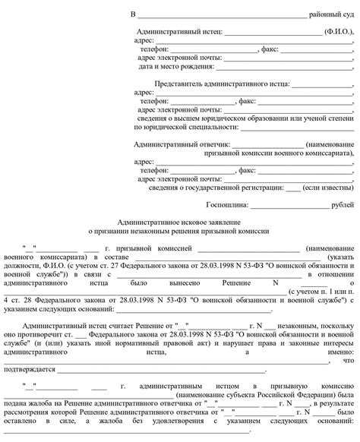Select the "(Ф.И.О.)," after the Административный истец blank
(x=338, y=32)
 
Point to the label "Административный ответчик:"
(x=182, y=143)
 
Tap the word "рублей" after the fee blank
(x=343, y=204)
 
